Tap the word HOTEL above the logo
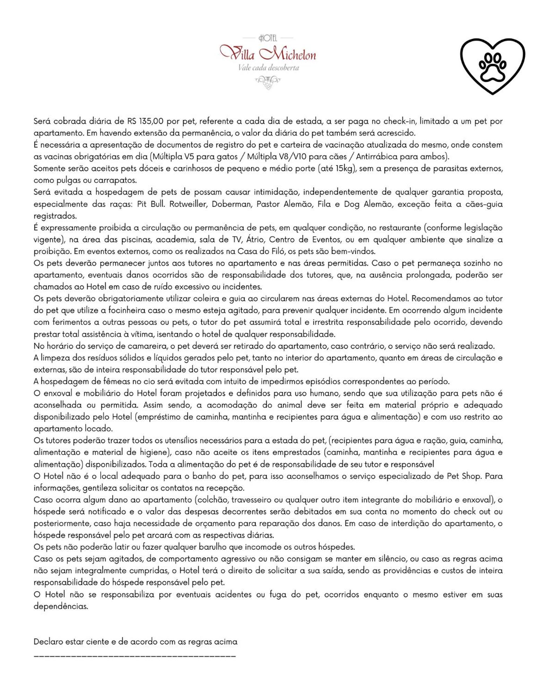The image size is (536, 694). (x=268, y=37)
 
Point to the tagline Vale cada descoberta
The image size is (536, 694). (x=268, y=68)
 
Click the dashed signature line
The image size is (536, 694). (x=135, y=656)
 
